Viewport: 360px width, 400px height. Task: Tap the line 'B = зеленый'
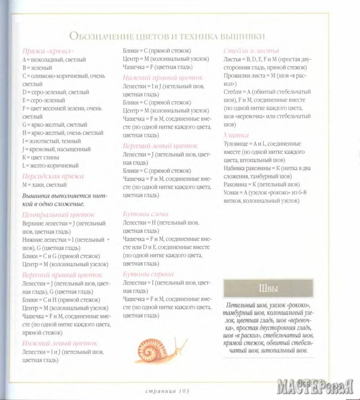click(38, 68)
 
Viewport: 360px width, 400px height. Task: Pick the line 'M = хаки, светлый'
click(44, 185)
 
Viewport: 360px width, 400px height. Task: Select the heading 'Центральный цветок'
click(55, 215)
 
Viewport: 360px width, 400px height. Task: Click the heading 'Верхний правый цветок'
click(62, 275)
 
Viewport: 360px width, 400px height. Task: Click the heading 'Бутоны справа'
click(148, 274)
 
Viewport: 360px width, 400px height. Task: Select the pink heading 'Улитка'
click(236, 135)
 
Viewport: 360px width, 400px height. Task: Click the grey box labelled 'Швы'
click(269, 288)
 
